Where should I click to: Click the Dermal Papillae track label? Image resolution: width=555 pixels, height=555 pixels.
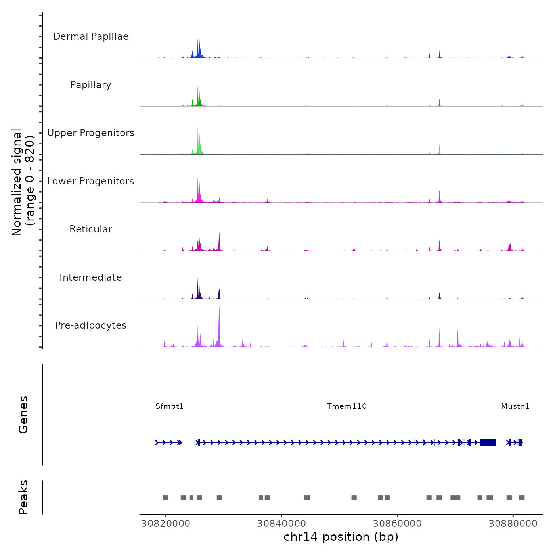[x=91, y=36]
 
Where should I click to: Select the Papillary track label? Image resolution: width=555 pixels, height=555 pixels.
[x=91, y=85]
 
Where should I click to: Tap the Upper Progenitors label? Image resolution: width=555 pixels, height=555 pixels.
[x=91, y=133]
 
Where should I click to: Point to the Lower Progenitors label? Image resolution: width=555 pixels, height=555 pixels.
[x=91, y=181]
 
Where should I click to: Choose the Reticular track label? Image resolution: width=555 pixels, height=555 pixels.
[x=91, y=229]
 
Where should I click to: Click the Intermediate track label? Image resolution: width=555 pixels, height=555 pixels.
[x=91, y=277]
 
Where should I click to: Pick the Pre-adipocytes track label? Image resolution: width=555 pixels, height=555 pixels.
[x=91, y=325]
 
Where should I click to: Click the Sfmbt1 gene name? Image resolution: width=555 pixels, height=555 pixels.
[x=169, y=406]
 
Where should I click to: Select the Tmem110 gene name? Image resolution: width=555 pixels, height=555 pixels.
[x=346, y=406]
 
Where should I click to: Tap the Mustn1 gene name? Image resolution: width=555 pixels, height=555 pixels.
[x=515, y=406]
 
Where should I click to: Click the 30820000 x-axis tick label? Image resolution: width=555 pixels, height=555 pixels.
[x=166, y=524]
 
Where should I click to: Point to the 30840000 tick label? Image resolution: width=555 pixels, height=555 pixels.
[x=281, y=524]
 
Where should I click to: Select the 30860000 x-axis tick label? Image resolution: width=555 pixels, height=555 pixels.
[x=397, y=524]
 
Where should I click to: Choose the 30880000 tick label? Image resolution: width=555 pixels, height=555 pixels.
[x=513, y=524]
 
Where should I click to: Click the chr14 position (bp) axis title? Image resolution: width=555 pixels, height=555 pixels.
[x=341, y=537]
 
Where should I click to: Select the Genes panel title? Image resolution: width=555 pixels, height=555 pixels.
[x=23, y=415]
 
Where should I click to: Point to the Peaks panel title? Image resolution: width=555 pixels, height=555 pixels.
[x=23, y=497]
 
